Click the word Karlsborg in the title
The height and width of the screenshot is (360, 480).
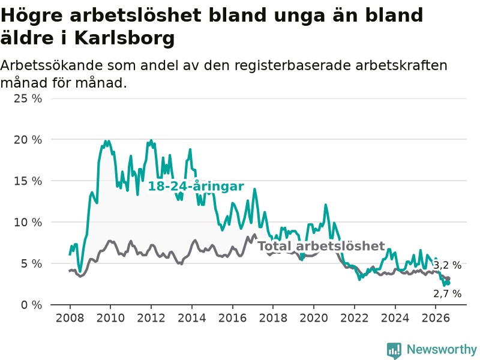(124, 38)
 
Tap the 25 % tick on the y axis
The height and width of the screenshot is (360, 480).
(28, 98)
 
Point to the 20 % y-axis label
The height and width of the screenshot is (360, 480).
(28, 140)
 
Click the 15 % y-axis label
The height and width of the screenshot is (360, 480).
(28, 181)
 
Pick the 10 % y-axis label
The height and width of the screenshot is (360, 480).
(28, 222)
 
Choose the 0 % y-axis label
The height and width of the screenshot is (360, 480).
(32, 305)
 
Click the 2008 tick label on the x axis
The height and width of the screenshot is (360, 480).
(70, 318)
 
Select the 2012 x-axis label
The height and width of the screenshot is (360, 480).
(151, 318)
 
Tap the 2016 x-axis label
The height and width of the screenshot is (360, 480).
(232, 318)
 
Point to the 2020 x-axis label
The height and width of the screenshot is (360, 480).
(314, 318)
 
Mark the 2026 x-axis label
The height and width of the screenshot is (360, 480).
(436, 318)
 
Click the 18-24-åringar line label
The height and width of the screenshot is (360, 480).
(196, 186)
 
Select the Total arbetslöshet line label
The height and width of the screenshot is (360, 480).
(321, 246)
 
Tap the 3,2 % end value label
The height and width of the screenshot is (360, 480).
(447, 265)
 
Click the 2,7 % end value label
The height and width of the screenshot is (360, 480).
(447, 293)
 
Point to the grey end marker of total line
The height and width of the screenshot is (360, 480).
(448, 279)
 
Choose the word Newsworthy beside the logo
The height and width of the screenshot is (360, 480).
(442, 349)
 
